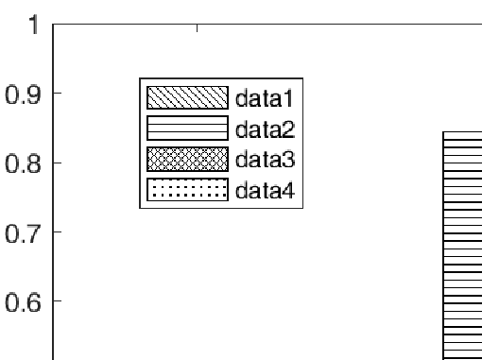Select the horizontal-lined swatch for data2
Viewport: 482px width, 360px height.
[187, 128]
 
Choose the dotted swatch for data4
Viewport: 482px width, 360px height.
[187, 191]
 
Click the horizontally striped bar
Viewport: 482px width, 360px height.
[462, 246]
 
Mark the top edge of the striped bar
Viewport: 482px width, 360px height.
[462, 132]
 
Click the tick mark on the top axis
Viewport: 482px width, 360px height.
[197, 28]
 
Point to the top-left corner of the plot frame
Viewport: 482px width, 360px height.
[53, 26]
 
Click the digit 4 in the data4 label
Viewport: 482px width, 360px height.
[288, 191]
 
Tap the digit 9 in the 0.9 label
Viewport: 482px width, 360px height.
[31, 94]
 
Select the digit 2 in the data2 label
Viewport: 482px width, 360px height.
[288, 128]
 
